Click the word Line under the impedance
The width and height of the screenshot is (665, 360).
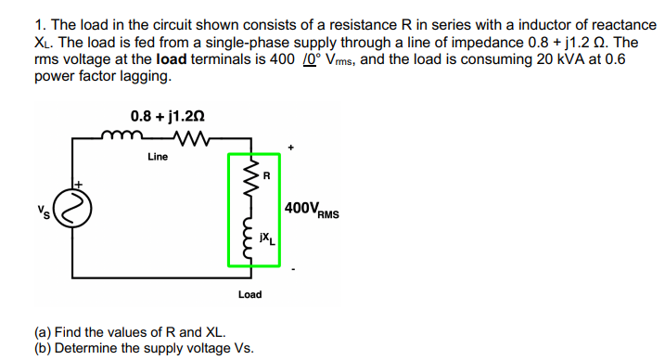tap(158, 157)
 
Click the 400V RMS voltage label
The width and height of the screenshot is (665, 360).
tap(312, 210)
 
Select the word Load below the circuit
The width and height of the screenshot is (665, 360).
tap(249, 294)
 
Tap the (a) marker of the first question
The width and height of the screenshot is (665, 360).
tap(43, 332)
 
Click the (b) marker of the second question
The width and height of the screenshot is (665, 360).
tap(43, 348)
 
